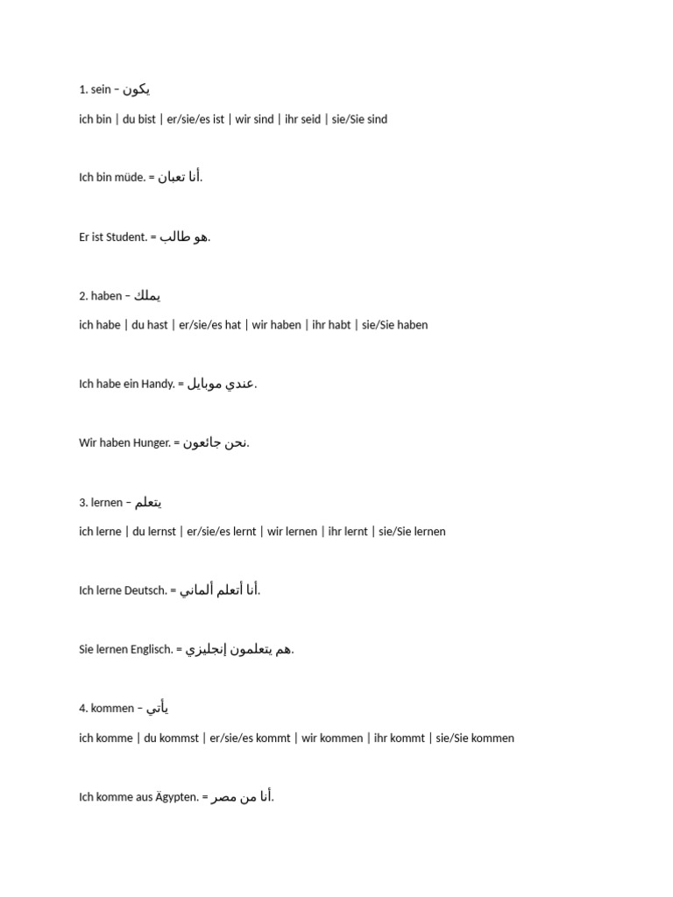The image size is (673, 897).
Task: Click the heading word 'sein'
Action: click(102, 89)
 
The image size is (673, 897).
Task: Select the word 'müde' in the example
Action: click(130, 178)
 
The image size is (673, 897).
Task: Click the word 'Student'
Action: click(126, 237)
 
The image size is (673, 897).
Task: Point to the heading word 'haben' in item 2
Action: click(107, 296)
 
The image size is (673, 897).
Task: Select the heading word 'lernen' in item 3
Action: click(107, 503)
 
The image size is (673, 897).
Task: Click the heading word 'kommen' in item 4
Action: click(112, 709)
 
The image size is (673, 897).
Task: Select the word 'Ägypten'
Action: click(179, 797)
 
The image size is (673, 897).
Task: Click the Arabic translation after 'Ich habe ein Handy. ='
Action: click(221, 385)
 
